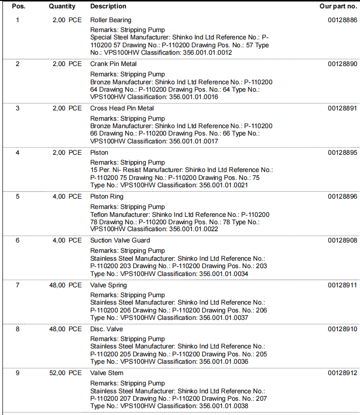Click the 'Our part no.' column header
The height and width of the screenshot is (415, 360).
pos(338,6)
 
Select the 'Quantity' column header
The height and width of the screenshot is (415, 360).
pos(62,6)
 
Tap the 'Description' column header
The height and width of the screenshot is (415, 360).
pos(108,6)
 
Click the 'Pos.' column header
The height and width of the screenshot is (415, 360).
pos(18,6)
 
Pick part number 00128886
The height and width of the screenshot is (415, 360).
pos(342,20)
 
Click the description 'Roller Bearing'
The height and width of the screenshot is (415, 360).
pos(110,20)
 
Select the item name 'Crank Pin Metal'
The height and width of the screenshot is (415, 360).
pos(113,64)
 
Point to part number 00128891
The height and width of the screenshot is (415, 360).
pos(342,108)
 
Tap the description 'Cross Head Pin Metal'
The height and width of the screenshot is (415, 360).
pos(122,108)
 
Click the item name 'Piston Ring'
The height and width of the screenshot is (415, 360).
pos(107,197)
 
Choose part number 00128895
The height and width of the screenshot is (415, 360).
pos(342,153)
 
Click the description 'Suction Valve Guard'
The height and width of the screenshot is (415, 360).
pos(120,241)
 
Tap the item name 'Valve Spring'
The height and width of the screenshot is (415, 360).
pos(108,285)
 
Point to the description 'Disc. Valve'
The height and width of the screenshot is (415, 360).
pos(107,329)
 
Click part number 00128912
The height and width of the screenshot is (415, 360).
pos(342,373)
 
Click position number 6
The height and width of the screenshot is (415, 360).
pos(18,241)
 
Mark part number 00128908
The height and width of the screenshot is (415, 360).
pos(342,241)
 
